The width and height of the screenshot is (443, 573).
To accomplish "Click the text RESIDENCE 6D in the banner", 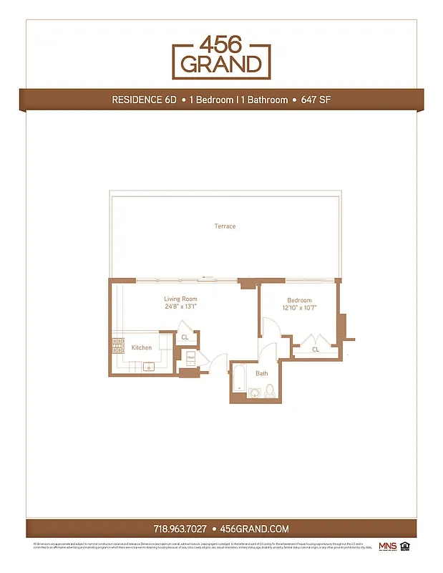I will click(143, 100).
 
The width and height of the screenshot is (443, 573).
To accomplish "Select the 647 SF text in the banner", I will click(314, 100).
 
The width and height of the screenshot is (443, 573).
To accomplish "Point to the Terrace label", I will click(225, 226).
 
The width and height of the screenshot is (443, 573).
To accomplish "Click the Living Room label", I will click(180, 299).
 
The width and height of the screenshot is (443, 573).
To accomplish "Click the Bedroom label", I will click(299, 301).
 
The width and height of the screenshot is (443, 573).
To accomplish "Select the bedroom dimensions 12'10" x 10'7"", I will click(299, 309).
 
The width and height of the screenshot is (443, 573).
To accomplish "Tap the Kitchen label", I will click(142, 348).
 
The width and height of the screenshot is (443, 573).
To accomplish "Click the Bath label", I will click(262, 373).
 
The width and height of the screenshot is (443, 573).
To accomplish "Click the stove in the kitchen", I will click(117, 346).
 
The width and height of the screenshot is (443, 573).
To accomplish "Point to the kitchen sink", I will click(150, 367).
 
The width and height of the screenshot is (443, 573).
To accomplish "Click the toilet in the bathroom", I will click(270, 390).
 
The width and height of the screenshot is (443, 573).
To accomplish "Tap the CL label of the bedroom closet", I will click(316, 350).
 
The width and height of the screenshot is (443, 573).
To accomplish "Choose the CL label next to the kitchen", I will click(185, 337).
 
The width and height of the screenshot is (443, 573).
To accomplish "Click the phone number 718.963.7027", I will click(180, 529).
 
